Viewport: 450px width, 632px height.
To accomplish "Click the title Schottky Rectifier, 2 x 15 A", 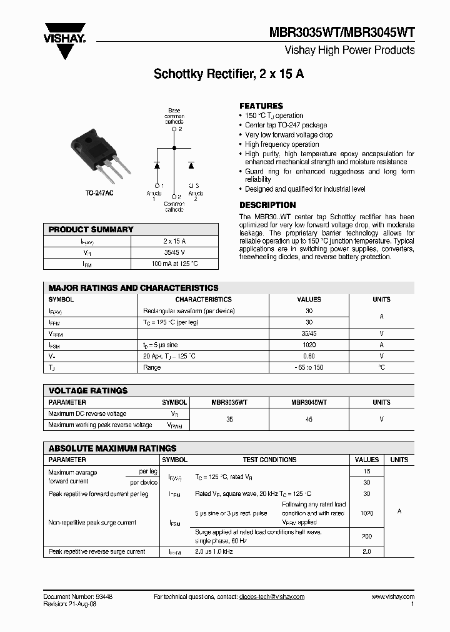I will [229, 74].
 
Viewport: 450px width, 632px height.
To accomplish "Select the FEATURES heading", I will [261, 106].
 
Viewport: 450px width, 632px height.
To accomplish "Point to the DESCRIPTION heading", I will [267, 205].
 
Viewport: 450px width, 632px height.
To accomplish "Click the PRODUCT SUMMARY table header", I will [91, 229].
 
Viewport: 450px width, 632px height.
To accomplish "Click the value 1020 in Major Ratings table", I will [309, 345].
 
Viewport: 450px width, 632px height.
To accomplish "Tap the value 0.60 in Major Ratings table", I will [309, 356].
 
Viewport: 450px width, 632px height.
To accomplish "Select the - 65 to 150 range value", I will [309, 367].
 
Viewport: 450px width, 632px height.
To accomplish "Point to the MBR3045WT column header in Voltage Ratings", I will [309, 403].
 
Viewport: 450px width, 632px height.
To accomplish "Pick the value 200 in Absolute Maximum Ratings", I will [366, 536].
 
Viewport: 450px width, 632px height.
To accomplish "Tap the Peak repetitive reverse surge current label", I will [97, 552].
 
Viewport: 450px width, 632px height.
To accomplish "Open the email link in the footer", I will [271, 597].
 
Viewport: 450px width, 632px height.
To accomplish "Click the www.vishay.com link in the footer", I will [392, 597].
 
